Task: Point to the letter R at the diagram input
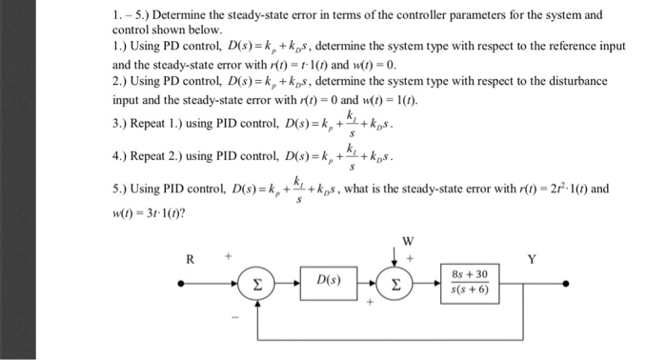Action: pyautogui.click(x=191, y=258)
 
